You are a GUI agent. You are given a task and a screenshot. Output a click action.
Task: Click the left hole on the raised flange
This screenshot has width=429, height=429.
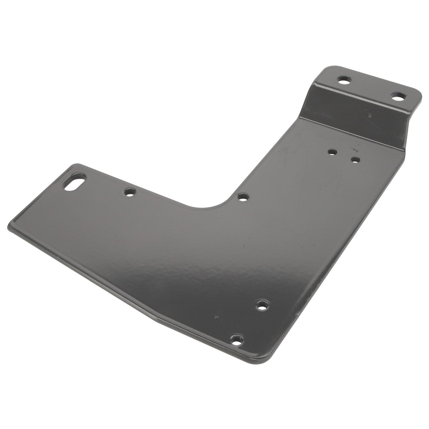tap(343, 81)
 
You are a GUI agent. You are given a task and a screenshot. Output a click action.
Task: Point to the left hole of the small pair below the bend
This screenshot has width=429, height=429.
tap(332, 151)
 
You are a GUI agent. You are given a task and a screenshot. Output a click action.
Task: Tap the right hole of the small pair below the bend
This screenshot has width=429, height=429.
tap(356, 159)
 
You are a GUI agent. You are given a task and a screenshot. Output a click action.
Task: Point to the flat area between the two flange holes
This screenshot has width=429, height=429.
tap(370, 89)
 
